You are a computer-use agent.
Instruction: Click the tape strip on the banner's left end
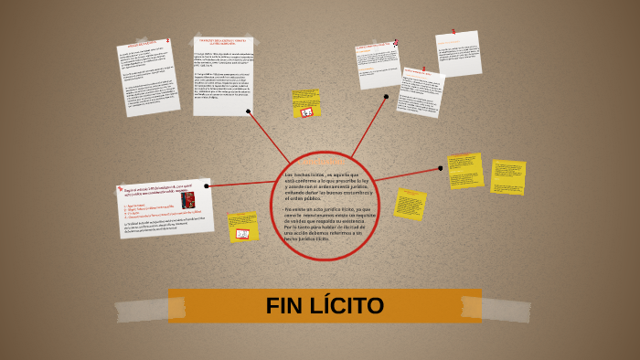tap(180, 306)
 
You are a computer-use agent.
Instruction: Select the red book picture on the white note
tap(188, 200)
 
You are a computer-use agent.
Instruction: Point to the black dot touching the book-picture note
tap(208, 186)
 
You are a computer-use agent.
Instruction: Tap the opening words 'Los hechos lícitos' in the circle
tap(304, 174)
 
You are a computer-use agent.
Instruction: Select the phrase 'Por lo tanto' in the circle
tap(300, 227)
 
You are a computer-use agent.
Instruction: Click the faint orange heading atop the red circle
tap(325, 163)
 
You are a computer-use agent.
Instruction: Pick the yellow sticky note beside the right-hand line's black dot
tap(465, 170)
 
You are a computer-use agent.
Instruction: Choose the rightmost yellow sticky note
tap(507, 177)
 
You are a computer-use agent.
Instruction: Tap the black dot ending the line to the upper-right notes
tap(386, 96)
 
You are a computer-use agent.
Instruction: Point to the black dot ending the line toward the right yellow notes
tap(440, 168)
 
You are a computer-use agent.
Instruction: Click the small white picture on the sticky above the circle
tap(308, 112)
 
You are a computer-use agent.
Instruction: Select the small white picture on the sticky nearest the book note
tap(242, 234)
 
